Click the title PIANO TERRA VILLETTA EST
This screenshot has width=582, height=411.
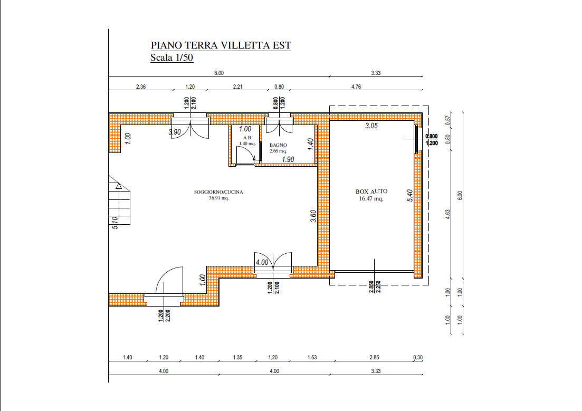point(221,45)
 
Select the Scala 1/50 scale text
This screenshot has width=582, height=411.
point(172,58)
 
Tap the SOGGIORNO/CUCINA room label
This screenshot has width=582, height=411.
point(218,192)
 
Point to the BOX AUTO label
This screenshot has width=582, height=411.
point(371,192)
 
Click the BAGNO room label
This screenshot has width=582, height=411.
point(279,145)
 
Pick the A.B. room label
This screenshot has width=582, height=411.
point(247,138)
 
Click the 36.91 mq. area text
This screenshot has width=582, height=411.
point(218,198)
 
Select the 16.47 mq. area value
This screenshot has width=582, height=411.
point(371,198)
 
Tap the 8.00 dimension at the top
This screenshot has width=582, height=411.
point(219,73)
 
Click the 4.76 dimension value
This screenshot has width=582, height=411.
point(356,87)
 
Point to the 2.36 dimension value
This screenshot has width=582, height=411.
point(141,87)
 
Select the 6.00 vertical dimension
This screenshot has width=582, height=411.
point(460,196)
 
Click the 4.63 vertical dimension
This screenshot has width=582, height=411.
point(447,214)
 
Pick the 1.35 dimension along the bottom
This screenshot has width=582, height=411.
point(237,358)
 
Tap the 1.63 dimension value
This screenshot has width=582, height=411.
point(312,358)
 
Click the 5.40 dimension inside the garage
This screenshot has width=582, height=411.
point(410,196)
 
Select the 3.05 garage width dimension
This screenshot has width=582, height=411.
point(371,126)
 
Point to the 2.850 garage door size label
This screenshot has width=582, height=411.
point(371,286)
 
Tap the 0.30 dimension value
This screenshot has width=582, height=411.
point(418,358)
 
